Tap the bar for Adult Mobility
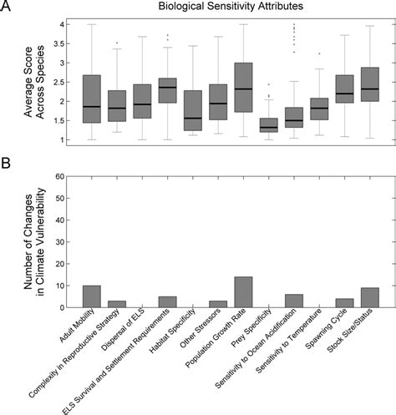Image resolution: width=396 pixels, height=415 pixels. point(92,297)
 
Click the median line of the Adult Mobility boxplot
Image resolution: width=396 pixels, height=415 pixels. point(92,106)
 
